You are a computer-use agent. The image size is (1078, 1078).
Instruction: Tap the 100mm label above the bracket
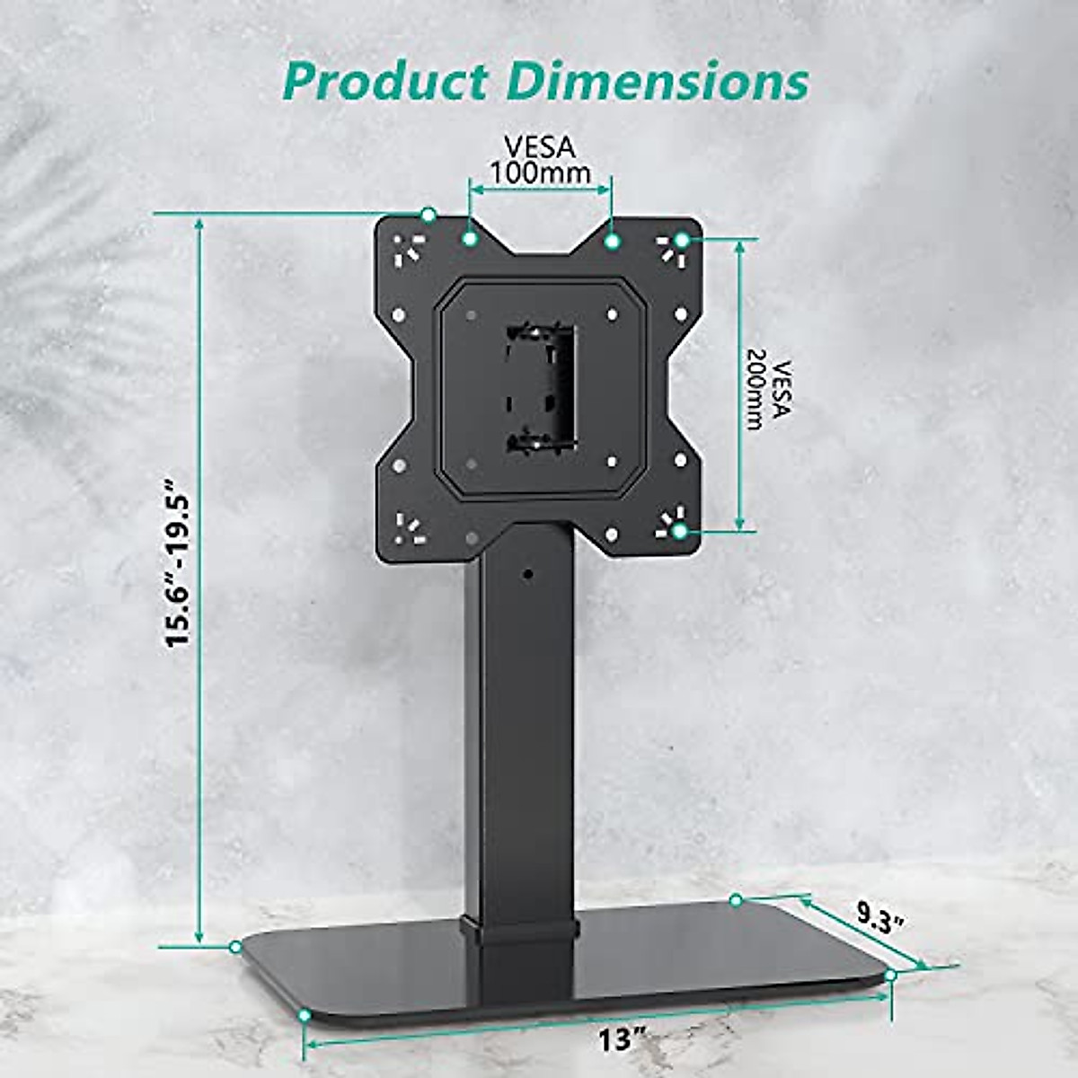[539, 172]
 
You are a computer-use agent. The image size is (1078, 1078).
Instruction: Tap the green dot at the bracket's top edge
[429, 215]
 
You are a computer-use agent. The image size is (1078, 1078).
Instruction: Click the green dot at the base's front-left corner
[305, 1014]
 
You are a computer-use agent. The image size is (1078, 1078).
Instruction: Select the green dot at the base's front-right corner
[890, 975]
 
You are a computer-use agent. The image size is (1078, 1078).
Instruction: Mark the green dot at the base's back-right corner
[736, 899]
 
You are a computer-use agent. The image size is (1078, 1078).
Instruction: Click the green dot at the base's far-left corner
[235, 947]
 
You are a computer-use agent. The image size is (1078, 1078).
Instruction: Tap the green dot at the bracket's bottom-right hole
[680, 531]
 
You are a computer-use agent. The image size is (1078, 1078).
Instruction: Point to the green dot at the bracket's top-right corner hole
[682, 240]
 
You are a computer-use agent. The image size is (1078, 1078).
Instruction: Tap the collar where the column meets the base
[517, 930]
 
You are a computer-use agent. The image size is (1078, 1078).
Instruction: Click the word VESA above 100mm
[539, 146]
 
